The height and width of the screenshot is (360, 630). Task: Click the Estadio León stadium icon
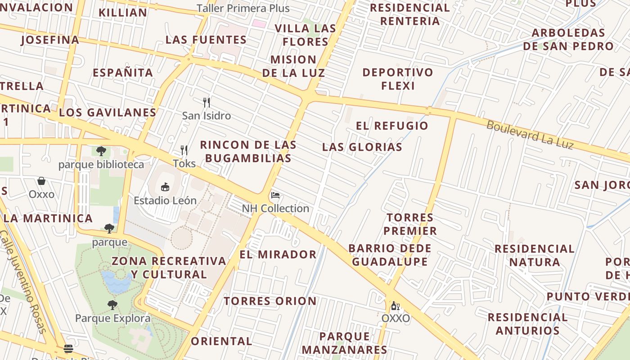point(165,187)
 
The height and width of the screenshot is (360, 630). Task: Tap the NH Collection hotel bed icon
point(275,195)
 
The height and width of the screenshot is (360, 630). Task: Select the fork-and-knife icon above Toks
point(184,150)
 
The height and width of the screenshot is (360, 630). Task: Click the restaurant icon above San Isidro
point(207,102)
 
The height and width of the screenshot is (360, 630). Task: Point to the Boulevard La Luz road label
point(530,135)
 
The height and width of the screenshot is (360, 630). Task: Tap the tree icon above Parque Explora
point(112,305)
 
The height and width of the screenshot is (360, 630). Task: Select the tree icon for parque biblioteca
point(101,151)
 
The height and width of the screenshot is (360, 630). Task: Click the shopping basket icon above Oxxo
point(41,181)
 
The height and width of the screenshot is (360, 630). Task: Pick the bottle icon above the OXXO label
point(395,306)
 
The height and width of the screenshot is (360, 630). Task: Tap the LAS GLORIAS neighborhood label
point(362,147)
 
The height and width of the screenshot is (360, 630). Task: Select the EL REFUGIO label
point(392,126)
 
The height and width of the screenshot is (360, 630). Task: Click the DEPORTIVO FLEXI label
point(398,79)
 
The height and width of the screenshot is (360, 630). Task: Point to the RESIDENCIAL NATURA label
point(534,255)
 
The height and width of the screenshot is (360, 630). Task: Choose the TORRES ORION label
point(270,301)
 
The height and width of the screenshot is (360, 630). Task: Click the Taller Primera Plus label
point(243,9)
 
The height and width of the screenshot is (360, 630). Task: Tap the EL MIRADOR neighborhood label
point(278,254)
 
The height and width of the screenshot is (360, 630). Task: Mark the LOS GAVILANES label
point(108,112)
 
